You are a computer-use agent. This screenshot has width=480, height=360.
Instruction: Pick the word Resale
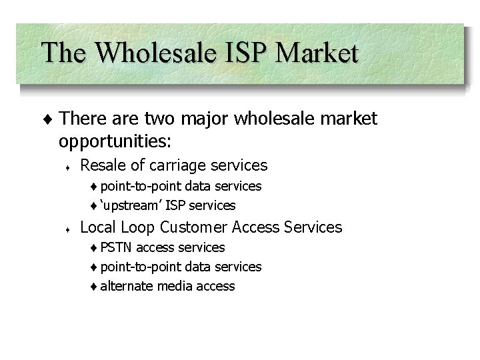pos(104,165)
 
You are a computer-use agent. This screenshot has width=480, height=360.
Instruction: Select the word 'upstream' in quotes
pos(129,205)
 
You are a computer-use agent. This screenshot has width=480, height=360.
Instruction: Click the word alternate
pos(127,286)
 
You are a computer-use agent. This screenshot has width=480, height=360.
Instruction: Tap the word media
pos(174,286)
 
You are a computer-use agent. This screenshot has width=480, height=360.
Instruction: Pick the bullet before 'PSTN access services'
pos(95,248)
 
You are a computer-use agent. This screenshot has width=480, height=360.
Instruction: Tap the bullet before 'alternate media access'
pos(95,287)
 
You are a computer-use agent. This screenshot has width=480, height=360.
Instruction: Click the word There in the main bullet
pos(80,120)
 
